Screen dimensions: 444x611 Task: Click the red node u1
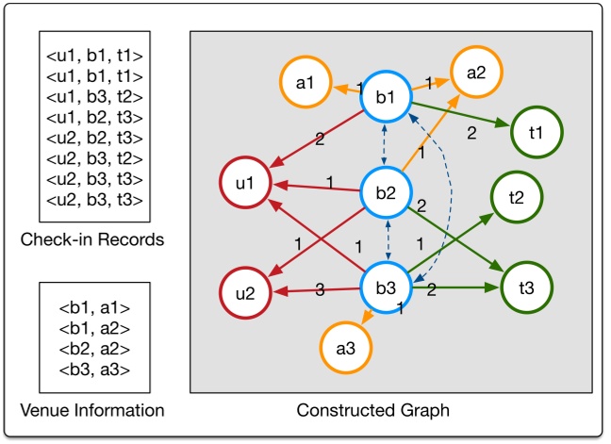coord(245,183)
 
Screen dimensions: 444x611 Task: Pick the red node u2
coord(245,292)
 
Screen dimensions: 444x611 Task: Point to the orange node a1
coord(304,83)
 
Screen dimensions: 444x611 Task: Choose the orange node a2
coord(476,68)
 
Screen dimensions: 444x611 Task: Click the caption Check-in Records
coord(92,239)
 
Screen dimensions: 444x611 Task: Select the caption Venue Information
coord(92,410)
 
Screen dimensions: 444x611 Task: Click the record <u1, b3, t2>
coord(92,98)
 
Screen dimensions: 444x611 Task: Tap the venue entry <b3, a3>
coord(92,369)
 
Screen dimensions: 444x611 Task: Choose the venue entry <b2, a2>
coord(92,348)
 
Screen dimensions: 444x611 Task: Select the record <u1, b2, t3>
coord(92,119)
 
